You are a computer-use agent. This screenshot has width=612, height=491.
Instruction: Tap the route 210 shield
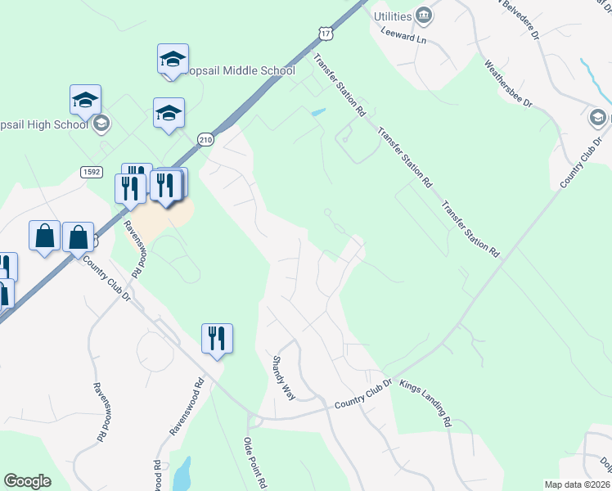[205, 139]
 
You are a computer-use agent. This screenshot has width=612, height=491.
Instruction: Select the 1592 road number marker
[91, 171]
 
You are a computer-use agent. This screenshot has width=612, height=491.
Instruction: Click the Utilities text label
[392, 16]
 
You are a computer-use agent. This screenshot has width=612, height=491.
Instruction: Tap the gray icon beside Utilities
[424, 15]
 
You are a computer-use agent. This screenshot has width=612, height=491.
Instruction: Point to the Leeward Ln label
[404, 36]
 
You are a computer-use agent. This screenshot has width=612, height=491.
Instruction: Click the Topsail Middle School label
[241, 70]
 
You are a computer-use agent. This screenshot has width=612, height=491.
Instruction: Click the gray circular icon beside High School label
[101, 124]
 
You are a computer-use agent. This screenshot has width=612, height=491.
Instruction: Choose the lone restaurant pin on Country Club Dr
[217, 338]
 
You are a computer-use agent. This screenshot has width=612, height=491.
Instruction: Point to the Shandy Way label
[284, 377]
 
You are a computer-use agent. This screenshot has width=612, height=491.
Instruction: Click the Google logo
[27, 481]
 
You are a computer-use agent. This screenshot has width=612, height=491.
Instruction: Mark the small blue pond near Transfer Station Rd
[318, 113]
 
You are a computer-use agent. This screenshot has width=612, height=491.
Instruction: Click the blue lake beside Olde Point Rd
[182, 473]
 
